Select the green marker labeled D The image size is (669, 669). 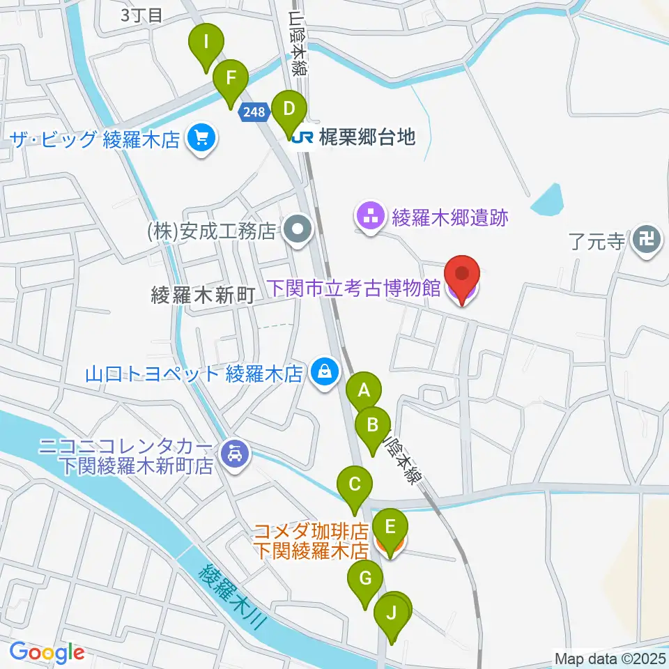coord(289,110)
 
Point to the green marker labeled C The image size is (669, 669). coord(355,484)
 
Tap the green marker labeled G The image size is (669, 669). coord(365,579)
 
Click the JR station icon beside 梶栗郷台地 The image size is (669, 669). coord(302,137)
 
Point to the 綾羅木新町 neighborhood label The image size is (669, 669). coord(203,296)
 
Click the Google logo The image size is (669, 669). coord(47,653)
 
